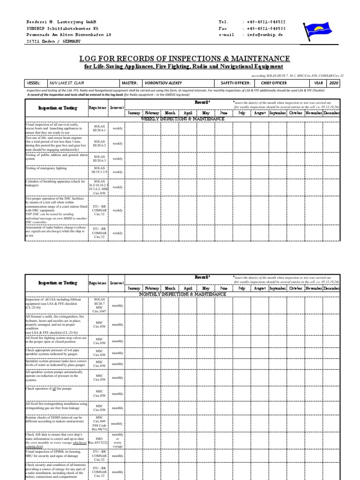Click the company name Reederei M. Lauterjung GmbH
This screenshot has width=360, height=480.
61,22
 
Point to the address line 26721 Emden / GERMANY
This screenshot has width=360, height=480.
53,41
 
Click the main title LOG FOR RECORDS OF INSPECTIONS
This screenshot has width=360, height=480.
184,58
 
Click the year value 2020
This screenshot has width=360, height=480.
333,82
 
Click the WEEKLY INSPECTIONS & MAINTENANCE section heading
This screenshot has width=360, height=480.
182,119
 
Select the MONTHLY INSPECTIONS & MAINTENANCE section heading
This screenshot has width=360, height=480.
182,294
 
